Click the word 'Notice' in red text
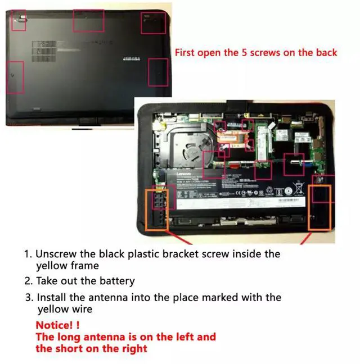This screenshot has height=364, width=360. coord(54,325)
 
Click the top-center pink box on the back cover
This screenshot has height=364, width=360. coord(88,21)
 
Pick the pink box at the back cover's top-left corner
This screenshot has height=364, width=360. coord(19,21)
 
